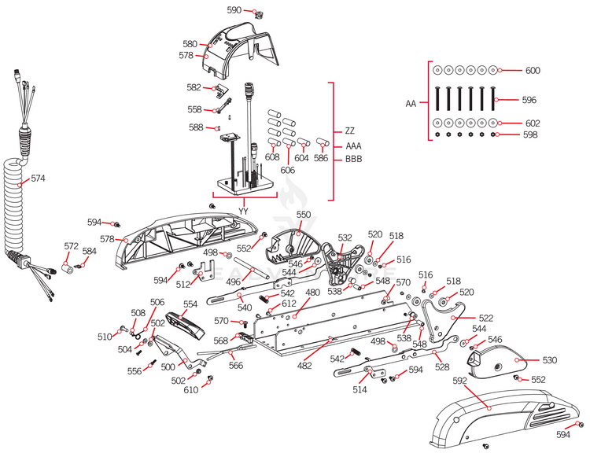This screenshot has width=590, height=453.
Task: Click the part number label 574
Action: pos(39,179)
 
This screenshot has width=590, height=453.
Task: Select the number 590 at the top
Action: pos(234,10)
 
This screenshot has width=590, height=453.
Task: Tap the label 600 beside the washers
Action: pos(533,71)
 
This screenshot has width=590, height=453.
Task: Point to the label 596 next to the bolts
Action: pos(529,100)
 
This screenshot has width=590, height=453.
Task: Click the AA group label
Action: pos(411,103)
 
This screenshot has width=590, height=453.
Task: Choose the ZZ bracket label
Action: pos(350,131)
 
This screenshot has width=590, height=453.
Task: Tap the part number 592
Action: pos(460,381)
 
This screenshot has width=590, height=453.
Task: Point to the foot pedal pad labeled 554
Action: pos(186,323)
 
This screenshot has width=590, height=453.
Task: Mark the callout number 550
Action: pos(304,214)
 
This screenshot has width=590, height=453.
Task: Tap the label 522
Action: pos(487,318)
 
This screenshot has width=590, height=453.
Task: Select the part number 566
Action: pos(235,366)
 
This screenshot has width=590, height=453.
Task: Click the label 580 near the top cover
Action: pos(190,44)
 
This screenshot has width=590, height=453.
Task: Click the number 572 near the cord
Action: pos(71,247)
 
